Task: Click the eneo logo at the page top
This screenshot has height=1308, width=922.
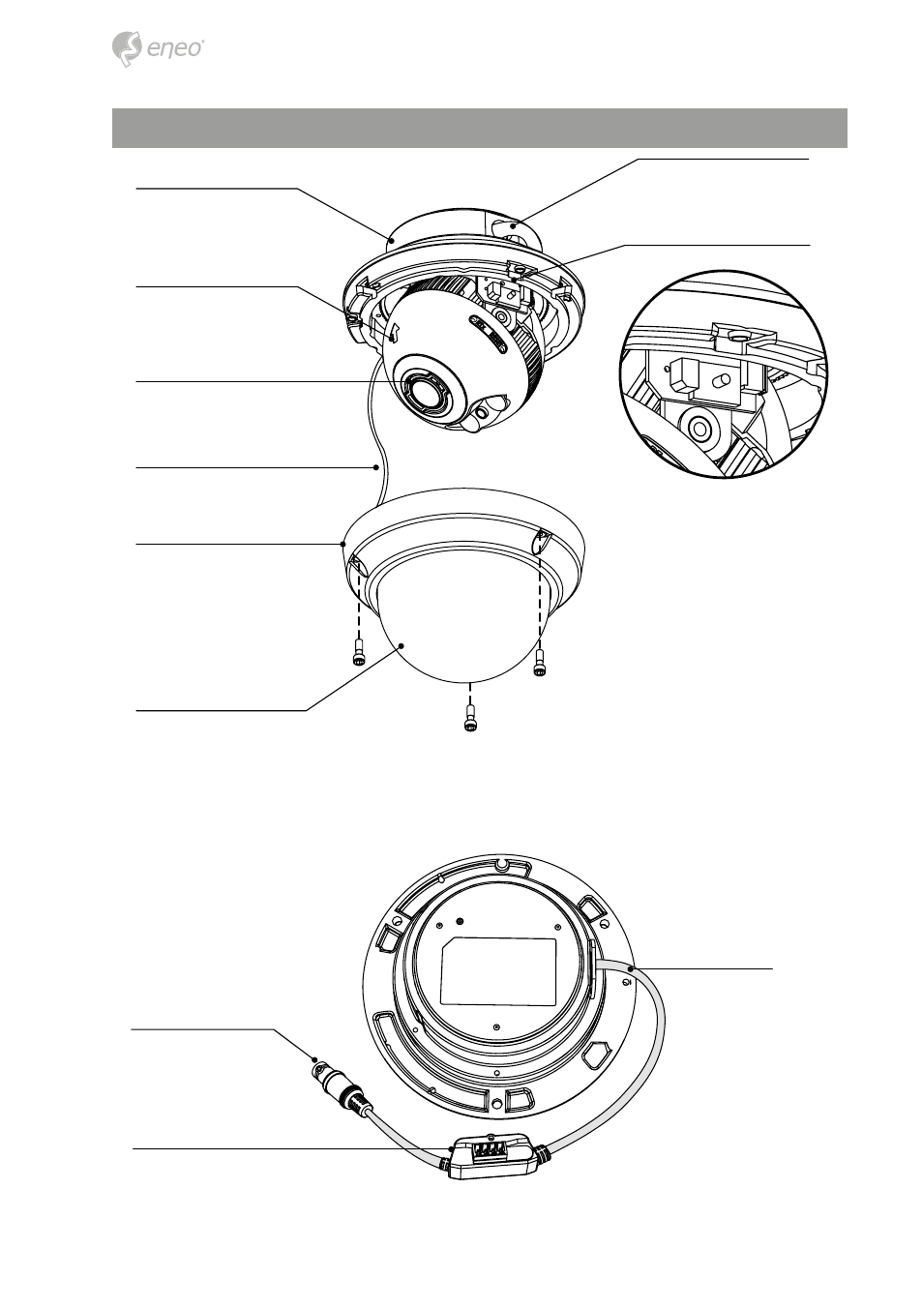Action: (x=157, y=50)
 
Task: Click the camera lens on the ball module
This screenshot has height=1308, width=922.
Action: (x=422, y=390)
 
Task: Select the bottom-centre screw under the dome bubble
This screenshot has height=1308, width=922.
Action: (x=469, y=719)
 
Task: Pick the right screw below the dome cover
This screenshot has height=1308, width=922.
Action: (x=540, y=664)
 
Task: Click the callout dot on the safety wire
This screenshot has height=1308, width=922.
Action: (x=377, y=467)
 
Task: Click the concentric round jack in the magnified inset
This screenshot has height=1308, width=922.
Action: (x=699, y=430)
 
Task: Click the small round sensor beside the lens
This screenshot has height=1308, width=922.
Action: (x=482, y=412)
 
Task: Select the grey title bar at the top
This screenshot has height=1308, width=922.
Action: (x=480, y=128)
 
